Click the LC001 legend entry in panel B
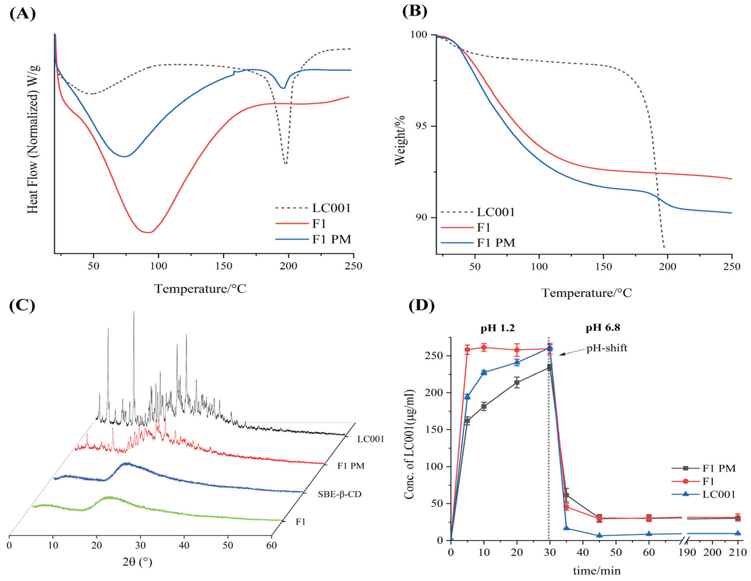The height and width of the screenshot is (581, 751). [x=495, y=212]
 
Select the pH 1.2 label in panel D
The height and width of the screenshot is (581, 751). [x=498, y=328]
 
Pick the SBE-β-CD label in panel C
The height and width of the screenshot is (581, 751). [x=339, y=495]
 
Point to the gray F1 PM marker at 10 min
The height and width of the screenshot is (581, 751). [x=484, y=406]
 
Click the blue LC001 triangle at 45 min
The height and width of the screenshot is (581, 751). [x=599, y=535]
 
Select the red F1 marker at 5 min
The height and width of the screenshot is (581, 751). [x=467, y=350]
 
